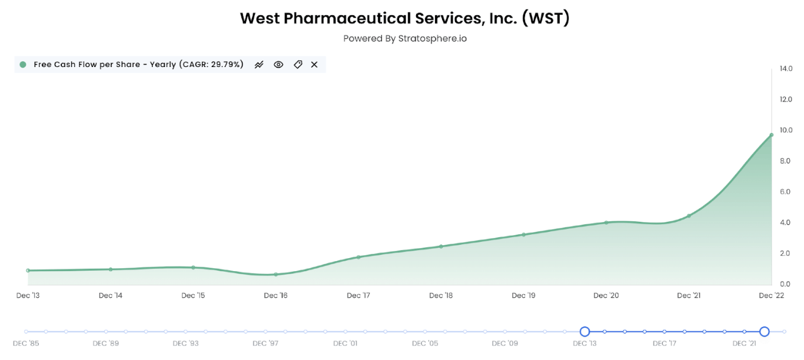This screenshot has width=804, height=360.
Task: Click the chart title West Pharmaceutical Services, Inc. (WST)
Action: tap(404, 18)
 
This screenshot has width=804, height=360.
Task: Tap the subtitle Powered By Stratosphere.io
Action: tap(404, 38)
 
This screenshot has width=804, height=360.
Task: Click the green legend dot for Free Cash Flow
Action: tap(23, 65)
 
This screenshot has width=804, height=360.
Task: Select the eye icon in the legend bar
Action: tap(278, 65)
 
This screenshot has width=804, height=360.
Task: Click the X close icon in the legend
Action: tap(314, 65)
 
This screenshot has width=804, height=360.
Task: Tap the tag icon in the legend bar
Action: tap(298, 65)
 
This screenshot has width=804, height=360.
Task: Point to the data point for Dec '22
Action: tap(771, 135)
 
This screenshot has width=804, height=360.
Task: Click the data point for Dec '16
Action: tap(275, 274)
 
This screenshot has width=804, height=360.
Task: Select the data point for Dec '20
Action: tap(606, 222)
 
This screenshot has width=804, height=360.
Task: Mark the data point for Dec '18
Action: tap(441, 246)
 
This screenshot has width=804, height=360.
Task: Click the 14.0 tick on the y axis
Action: tap(786, 69)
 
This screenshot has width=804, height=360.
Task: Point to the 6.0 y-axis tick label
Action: tap(786, 192)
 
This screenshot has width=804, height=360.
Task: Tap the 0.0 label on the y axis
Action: tap(786, 284)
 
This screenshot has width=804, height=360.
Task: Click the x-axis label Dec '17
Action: tap(358, 295)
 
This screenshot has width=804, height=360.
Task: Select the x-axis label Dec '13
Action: tap(28, 295)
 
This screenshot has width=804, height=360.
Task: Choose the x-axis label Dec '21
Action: tap(689, 295)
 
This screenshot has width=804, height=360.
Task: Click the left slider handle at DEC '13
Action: tap(584, 332)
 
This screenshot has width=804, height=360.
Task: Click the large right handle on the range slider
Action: tap(764, 332)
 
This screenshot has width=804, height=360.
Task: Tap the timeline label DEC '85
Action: tap(26, 343)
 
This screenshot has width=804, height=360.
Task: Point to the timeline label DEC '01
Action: tap(345, 343)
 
